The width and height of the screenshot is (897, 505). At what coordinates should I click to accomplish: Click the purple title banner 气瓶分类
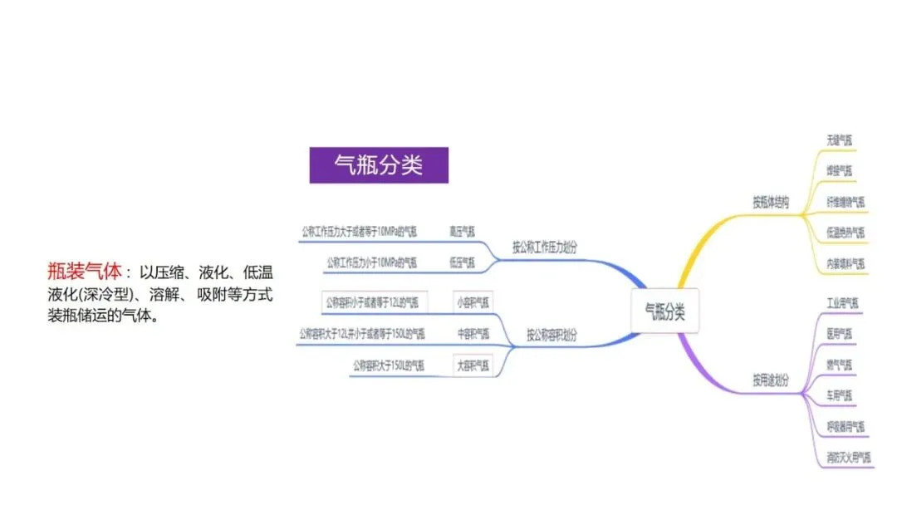[379, 165]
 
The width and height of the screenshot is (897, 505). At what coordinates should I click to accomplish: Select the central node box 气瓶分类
[665, 312]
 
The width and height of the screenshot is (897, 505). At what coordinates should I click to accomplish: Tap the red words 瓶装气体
[85, 271]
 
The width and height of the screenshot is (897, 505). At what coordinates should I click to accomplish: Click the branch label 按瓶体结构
[771, 202]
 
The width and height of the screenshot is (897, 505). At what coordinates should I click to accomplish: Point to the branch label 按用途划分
[771, 380]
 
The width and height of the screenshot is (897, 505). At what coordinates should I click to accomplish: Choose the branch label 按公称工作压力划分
[545, 247]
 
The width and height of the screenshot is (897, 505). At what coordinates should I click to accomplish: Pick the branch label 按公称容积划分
[551, 336]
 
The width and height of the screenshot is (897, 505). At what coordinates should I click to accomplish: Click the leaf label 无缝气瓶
[839, 140]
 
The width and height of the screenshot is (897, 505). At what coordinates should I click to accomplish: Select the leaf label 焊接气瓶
[839, 171]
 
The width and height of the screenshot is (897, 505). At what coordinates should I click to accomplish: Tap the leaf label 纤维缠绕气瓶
[846, 202]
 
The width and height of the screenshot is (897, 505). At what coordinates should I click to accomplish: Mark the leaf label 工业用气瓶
[842, 302]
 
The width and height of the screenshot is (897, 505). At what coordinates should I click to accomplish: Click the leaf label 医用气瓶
[839, 333]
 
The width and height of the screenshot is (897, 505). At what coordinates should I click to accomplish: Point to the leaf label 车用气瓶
[839, 395]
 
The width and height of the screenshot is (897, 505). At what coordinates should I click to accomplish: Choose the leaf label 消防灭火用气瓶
[849, 457]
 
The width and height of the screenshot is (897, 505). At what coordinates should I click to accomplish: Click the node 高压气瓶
[462, 231]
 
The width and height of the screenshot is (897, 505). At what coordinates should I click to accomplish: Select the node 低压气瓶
[462, 262]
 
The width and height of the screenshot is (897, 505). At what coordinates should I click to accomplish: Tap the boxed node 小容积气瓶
[473, 302]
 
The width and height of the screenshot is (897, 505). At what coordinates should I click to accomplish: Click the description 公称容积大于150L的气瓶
[389, 365]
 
